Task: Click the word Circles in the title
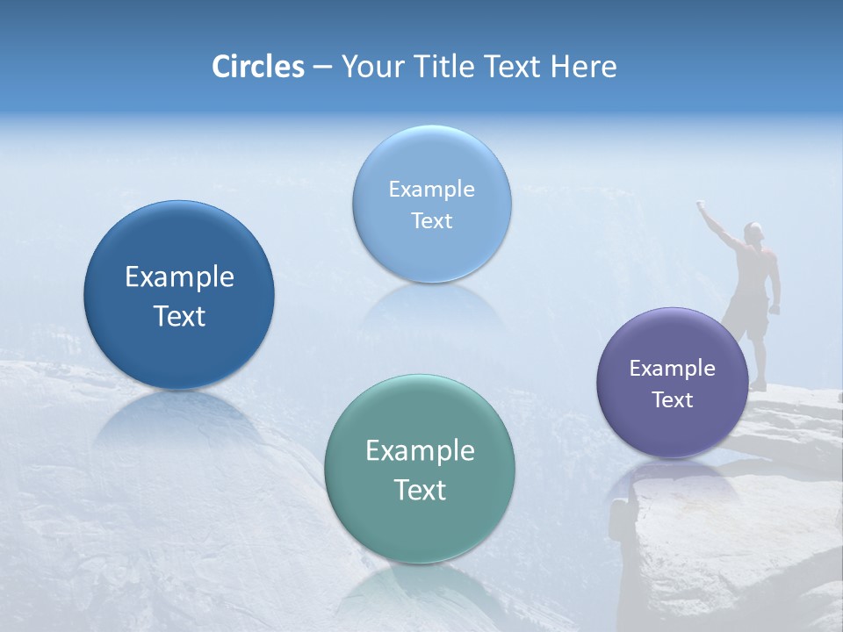tap(258, 67)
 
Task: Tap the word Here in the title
tap(583, 67)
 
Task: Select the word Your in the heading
tap(370, 67)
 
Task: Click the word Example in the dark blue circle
tap(179, 277)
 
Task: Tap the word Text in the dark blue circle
tap(179, 316)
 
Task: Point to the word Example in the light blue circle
tap(431, 190)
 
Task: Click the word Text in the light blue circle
tap(431, 220)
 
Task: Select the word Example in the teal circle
tap(420, 451)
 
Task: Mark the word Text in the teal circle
tap(420, 490)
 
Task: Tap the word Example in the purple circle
tap(673, 369)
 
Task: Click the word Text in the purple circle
tap(673, 400)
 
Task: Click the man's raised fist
tap(702, 205)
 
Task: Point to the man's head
tap(752, 232)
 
